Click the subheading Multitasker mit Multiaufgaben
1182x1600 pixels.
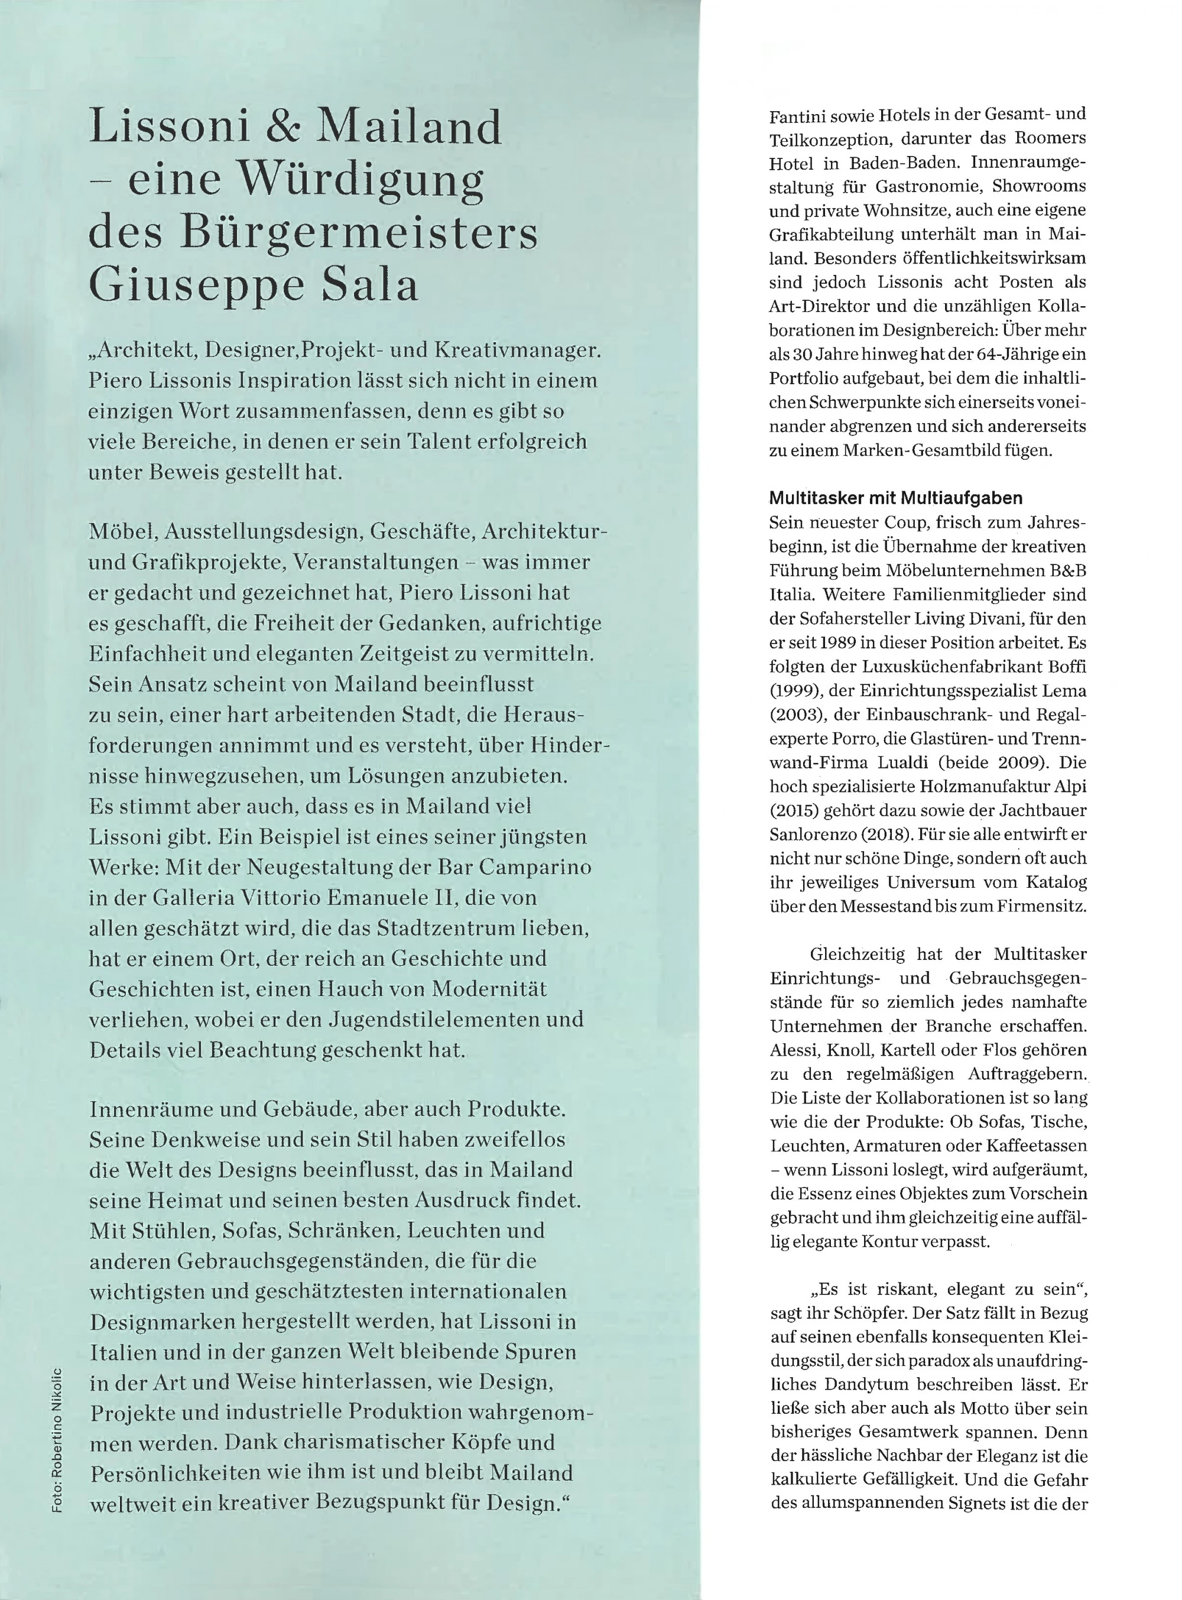click(896, 498)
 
